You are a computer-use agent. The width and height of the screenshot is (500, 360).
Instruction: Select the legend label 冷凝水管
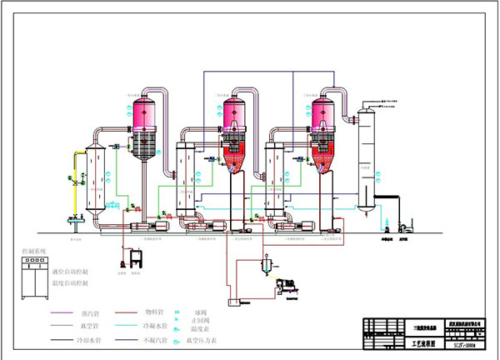point(155,327)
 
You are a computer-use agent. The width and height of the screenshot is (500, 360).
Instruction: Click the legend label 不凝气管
point(155,340)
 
